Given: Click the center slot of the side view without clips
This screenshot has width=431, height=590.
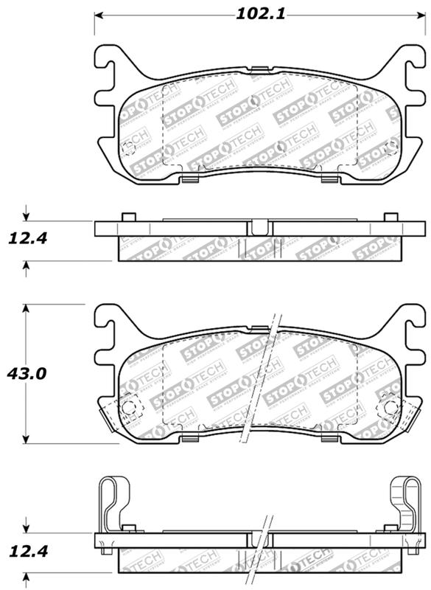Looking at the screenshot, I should pos(258,228).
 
